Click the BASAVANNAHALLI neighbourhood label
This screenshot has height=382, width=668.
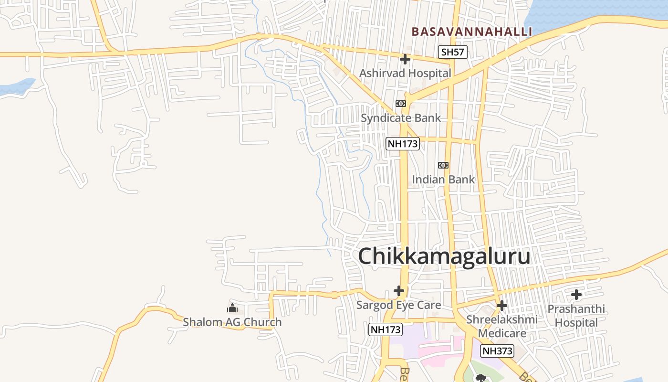coord(471,32)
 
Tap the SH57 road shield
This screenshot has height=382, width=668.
coord(452,52)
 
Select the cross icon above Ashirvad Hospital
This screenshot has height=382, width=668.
coord(405,59)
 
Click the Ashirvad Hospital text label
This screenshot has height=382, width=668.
coord(405,73)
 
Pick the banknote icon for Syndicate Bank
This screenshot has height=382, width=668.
coord(401,104)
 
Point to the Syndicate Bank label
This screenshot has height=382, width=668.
coord(401,117)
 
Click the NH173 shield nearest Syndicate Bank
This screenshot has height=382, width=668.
coord(402,143)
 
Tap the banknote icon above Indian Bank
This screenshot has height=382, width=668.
coord(443,165)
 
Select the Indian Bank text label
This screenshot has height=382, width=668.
coord(443,180)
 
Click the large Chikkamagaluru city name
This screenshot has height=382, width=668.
coord(444,256)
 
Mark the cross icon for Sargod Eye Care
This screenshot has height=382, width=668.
coord(399,290)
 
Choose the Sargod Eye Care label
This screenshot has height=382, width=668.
coord(399,305)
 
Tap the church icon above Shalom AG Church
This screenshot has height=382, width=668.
coord(232,308)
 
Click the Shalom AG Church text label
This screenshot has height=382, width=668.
coord(232,322)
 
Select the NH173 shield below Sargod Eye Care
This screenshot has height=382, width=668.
coord(386,329)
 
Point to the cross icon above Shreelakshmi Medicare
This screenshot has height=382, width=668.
coord(502,306)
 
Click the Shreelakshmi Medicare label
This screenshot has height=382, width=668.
coord(502,326)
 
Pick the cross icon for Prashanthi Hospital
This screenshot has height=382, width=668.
coord(576,295)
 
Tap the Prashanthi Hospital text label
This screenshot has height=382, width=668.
coord(576,316)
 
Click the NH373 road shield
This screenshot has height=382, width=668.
coord(497,351)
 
